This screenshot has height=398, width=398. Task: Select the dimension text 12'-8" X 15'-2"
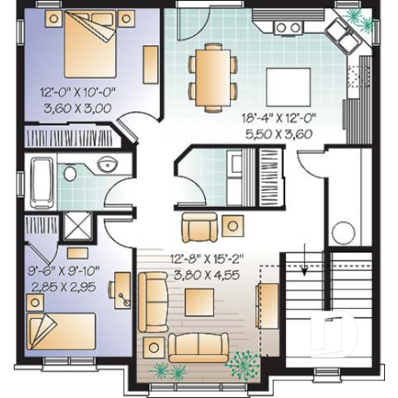click(x=206, y=260)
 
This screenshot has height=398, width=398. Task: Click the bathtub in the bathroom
click(x=43, y=183)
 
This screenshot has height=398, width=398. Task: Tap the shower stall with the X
click(x=78, y=224)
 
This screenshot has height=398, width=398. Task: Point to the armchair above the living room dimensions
click(x=199, y=227)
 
